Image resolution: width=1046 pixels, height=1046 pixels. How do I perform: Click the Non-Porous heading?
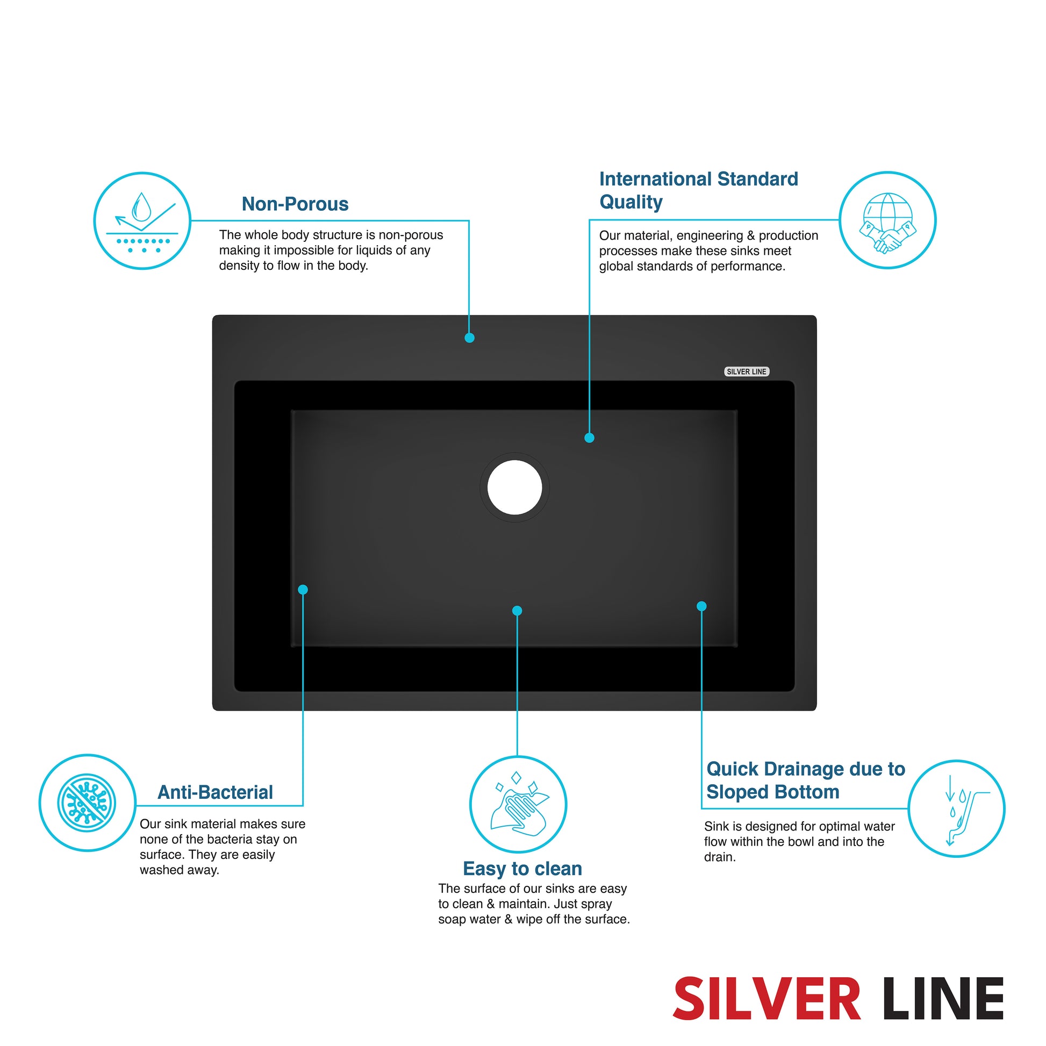point(295,204)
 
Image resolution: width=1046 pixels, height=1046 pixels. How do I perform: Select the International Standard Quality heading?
point(698,190)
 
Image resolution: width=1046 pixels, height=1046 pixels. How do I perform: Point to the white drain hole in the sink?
point(514,488)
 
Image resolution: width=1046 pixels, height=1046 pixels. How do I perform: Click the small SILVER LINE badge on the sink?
point(747,371)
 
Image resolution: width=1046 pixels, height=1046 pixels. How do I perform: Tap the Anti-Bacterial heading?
point(215,793)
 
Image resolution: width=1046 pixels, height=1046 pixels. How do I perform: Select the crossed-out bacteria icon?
point(87,803)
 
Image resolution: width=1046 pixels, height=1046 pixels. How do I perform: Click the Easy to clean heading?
point(522,869)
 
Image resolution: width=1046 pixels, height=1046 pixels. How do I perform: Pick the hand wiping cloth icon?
point(518,805)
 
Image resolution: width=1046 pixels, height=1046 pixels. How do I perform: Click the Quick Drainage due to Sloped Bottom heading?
point(806,780)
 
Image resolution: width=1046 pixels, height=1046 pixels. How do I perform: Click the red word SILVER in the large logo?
point(766,999)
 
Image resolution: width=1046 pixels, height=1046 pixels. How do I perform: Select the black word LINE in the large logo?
point(943,999)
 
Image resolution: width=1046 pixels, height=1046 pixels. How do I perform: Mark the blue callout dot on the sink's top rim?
point(469,338)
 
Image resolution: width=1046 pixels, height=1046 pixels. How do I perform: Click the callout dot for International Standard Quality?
point(590,438)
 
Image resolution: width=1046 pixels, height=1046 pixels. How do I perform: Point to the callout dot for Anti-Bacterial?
point(303,590)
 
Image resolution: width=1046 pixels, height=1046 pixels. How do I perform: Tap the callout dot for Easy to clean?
point(517,611)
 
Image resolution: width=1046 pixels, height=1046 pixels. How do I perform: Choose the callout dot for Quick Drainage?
point(701,606)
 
